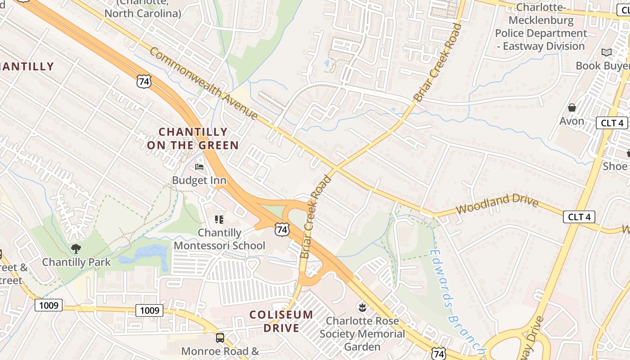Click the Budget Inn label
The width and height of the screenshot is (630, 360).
[x=199, y=180]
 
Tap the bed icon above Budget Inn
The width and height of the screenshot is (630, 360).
[x=199, y=167]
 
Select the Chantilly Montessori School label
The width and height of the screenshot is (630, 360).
[x=220, y=239]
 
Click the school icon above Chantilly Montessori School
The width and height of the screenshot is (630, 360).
[x=219, y=220]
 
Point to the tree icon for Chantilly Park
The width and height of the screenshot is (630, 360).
[x=76, y=248]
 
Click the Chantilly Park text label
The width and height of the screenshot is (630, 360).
[x=76, y=262]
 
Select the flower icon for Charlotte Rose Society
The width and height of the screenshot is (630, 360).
[x=362, y=308]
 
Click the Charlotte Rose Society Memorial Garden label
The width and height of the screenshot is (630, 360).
[x=362, y=334]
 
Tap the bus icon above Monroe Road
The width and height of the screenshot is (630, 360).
[x=220, y=337]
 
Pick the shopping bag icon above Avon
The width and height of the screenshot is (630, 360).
[x=572, y=108]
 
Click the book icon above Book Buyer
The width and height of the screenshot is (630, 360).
[x=607, y=53]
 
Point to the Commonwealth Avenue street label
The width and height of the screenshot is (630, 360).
[x=203, y=84]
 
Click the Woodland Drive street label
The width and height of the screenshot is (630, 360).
[x=497, y=204]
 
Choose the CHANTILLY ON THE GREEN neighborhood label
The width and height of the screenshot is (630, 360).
[x=193, y=139]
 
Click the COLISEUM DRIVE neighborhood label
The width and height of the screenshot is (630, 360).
[x=281, y=321]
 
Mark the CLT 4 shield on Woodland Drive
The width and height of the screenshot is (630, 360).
[x=579, y=217]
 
